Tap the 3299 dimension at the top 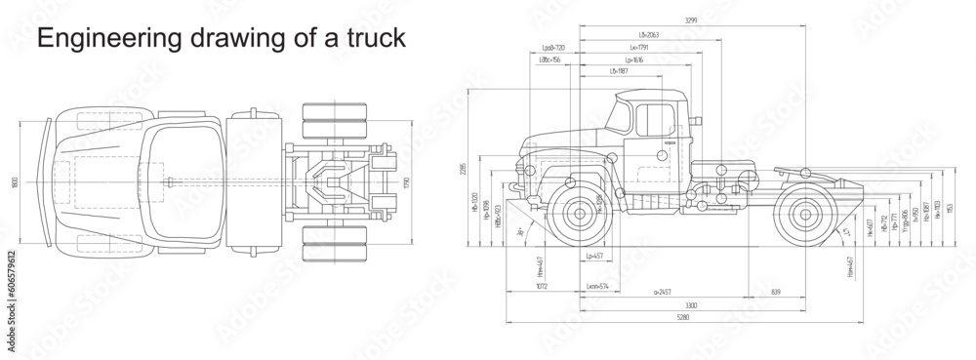pos(662,20)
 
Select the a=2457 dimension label pos(662,291)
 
